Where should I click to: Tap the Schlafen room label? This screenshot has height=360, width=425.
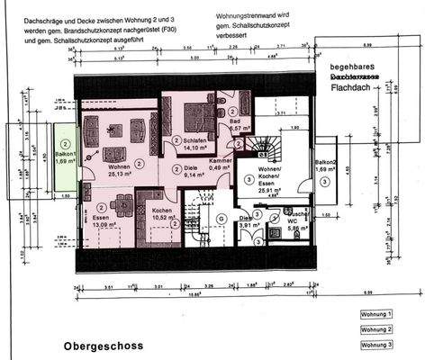point(196,141)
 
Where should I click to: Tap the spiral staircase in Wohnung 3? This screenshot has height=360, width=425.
point(266,145)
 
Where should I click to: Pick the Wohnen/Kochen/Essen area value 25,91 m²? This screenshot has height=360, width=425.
point(270,191)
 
